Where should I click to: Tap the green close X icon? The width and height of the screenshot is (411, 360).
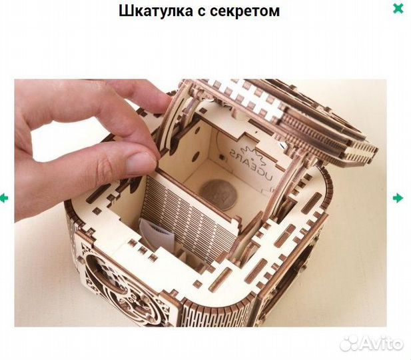[x=398, y=9]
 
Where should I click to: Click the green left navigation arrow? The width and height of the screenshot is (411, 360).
[x=4, y=198]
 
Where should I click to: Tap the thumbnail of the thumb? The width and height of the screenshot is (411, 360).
[x=141, y=162]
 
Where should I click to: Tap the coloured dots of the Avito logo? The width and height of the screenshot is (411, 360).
[x=350, y=343]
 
